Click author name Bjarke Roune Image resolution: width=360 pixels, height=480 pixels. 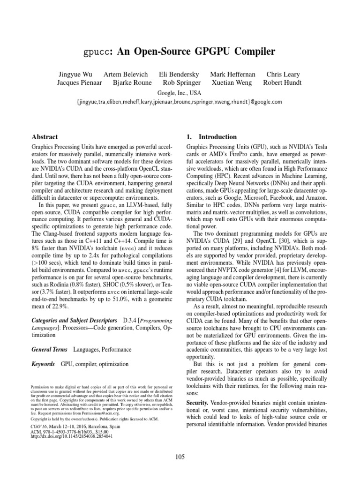pos(133,83)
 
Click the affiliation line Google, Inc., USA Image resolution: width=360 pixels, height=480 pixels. pos(180,92)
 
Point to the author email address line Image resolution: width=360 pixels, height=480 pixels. pos(180,102)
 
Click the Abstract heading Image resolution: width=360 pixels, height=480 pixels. pos(45,137)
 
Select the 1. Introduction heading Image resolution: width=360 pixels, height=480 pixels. pos(211,137)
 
